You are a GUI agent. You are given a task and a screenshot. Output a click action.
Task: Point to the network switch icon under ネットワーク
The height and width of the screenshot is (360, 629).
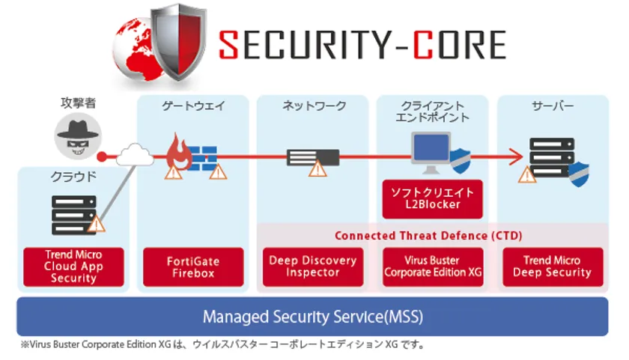click(313, 156)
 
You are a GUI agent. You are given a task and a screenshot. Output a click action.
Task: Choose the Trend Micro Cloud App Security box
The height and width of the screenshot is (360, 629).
click(73, 266)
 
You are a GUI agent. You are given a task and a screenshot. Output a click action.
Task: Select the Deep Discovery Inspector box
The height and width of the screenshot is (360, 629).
click(312, 266)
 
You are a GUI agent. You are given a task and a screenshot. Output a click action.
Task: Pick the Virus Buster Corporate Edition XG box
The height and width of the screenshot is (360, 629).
click(433, 266)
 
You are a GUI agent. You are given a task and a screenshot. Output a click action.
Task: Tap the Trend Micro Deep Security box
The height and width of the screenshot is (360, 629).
click(552, 266)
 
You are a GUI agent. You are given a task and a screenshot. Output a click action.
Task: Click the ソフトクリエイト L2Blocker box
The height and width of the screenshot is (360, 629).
click(432, 198)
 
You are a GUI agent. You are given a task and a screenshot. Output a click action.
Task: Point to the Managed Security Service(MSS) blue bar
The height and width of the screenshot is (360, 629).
click(312, 317)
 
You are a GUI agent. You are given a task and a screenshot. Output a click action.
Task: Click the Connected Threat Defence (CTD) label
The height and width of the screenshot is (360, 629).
click(428, 236)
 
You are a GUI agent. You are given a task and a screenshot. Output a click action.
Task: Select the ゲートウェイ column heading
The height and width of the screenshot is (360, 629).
click(193, 106)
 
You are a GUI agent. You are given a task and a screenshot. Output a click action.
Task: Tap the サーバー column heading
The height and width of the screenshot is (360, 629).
click(553, 106)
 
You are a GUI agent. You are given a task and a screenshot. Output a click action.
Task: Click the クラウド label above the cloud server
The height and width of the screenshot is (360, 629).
click(73, 177)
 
